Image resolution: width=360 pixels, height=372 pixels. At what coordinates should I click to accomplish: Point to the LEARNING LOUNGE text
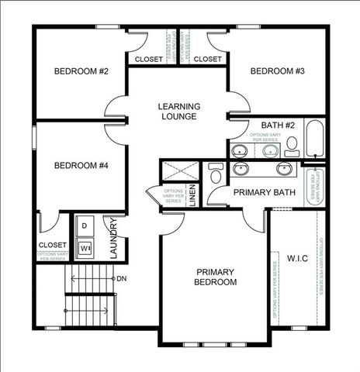(x=179, y=112)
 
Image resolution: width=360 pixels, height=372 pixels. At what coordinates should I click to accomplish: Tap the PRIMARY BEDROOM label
(x=215, y=277)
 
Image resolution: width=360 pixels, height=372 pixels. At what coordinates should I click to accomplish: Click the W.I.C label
(x=298, y=258)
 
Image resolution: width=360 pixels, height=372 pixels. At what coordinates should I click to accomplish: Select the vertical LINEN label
(x=192, y=195)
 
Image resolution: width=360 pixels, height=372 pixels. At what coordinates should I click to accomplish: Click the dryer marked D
(x=85, y=225)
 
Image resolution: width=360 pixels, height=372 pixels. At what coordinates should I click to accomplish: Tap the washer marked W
(x=85, y=249)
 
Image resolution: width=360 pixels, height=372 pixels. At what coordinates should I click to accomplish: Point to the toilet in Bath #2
(x=292, y=146)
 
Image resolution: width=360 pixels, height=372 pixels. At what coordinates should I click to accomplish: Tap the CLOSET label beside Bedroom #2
(x=149, y=60)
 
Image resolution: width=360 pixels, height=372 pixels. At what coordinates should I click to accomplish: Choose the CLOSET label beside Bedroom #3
(x=207, y=60)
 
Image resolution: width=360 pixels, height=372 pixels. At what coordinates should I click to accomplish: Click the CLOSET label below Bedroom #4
(x=52, y=246)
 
